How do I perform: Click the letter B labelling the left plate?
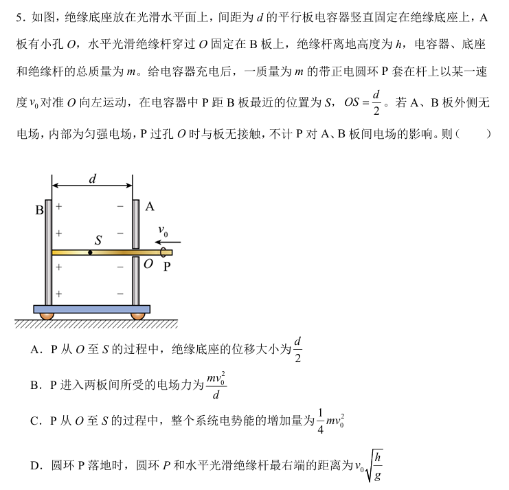point(40,210)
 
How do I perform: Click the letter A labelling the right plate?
point(150,205)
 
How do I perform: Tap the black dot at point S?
point(91,252)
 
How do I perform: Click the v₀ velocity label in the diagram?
point(163,230)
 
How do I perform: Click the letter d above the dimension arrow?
point(93,179)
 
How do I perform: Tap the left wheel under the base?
point(47,315)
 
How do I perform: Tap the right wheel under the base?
point(137,315)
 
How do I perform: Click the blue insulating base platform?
point(92,309)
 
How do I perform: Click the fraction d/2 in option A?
point(297,349)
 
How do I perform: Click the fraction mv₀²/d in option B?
point(216,386)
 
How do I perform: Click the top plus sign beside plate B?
point(59,205)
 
